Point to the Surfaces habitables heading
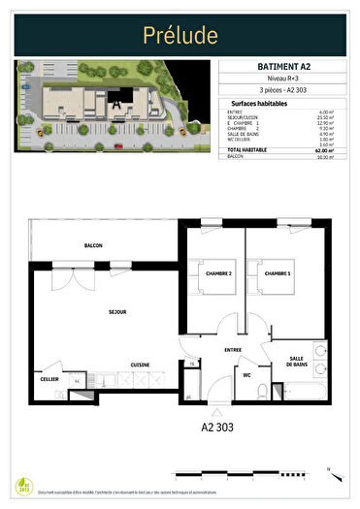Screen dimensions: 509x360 coord(259,103)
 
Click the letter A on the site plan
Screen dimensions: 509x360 coord(116,97)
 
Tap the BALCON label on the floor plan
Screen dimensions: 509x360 coord(93,245)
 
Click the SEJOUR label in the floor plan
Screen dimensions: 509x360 coord(92,312)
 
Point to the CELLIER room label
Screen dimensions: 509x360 coord(49,379)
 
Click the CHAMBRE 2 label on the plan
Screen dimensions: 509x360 coord(219,274)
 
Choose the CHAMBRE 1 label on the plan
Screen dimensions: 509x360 coord(278,274)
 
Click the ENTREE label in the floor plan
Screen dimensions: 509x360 coord(233,349)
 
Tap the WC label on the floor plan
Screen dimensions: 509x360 coord(247,374)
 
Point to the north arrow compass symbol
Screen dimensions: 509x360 coord(329,473)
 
